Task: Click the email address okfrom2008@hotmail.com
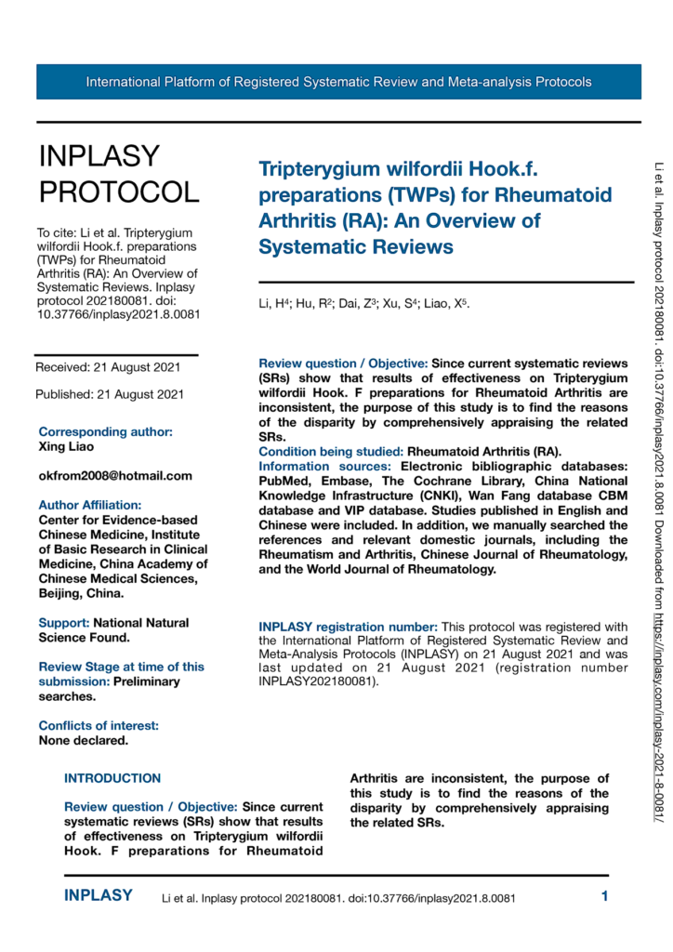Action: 115,475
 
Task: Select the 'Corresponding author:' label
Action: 105,431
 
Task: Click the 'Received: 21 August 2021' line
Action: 110,366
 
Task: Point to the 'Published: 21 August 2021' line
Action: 110,394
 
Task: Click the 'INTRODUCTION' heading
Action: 112,778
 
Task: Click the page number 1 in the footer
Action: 605,897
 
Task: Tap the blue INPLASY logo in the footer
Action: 99,896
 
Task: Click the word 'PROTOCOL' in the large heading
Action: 118,192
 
